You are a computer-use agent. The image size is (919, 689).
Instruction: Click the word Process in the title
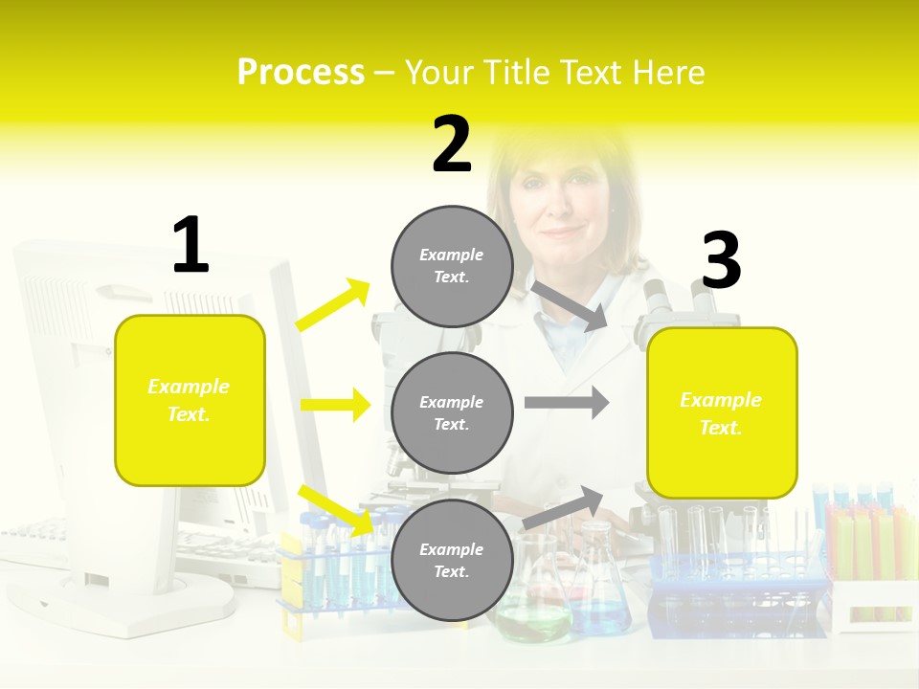[x=301, y=73]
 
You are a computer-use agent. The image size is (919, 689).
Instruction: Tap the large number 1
[x=191, y=245]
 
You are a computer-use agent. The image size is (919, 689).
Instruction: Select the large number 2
[x=452, y=144]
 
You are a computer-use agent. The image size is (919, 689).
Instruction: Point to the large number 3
[x=721, y=261]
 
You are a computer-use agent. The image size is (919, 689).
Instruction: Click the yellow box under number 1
[x=190, y=400]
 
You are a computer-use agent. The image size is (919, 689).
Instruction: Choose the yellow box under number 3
[x=722, y=413]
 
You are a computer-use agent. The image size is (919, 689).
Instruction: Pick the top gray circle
[x=452, y=266]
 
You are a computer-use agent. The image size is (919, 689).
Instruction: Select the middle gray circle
[x=452, y=412]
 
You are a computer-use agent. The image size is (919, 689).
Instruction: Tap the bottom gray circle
[x=452, y=560]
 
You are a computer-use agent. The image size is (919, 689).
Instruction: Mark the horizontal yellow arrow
[x=335, y=405]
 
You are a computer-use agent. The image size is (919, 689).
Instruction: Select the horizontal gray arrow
[x=567, y=402]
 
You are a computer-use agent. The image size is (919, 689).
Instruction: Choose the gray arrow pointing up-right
[x=563, y=508]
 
